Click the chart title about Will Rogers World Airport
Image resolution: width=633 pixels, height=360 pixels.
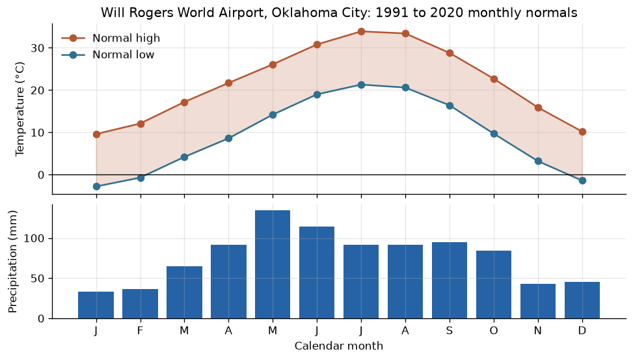pos(339,12)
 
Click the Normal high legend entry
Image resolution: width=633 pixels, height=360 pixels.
pos(111,38)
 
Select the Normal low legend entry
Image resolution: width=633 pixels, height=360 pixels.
pos(108,55)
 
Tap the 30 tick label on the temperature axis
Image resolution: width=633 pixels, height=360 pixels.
pos(36,48)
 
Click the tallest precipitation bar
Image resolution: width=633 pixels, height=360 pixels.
pos(273,264)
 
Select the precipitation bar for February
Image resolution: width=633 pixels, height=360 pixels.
pos(140,304)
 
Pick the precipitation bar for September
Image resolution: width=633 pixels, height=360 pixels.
pos(450,281)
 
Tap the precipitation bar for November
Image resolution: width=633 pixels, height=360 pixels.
pos(538,301)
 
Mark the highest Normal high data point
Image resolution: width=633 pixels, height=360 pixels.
pos(361,31)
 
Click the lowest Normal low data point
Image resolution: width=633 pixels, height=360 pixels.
pos(96,186)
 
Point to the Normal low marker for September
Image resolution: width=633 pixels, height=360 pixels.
pos(450,106)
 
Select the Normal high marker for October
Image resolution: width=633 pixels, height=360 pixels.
pos(494,79)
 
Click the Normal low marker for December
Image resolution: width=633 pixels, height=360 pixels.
pos(582,180)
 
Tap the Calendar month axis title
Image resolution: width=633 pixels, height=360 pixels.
pos(339,346)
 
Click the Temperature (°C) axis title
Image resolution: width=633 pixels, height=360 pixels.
pos(20,109)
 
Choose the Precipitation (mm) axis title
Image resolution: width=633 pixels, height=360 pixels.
pos(12,262)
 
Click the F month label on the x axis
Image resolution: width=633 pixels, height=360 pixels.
pos(140,331)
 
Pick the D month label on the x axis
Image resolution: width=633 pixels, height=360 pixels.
pos(582,331)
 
